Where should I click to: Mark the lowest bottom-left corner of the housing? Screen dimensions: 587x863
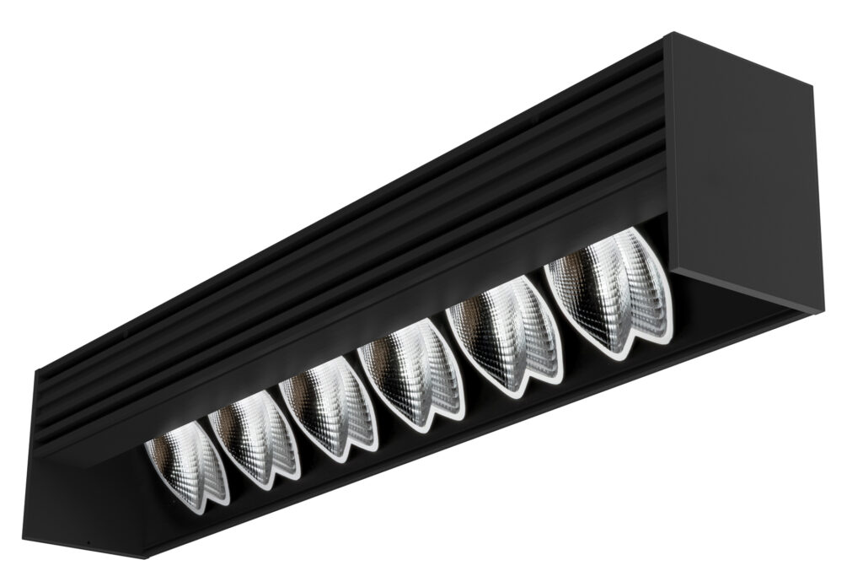tap(117, 557)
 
